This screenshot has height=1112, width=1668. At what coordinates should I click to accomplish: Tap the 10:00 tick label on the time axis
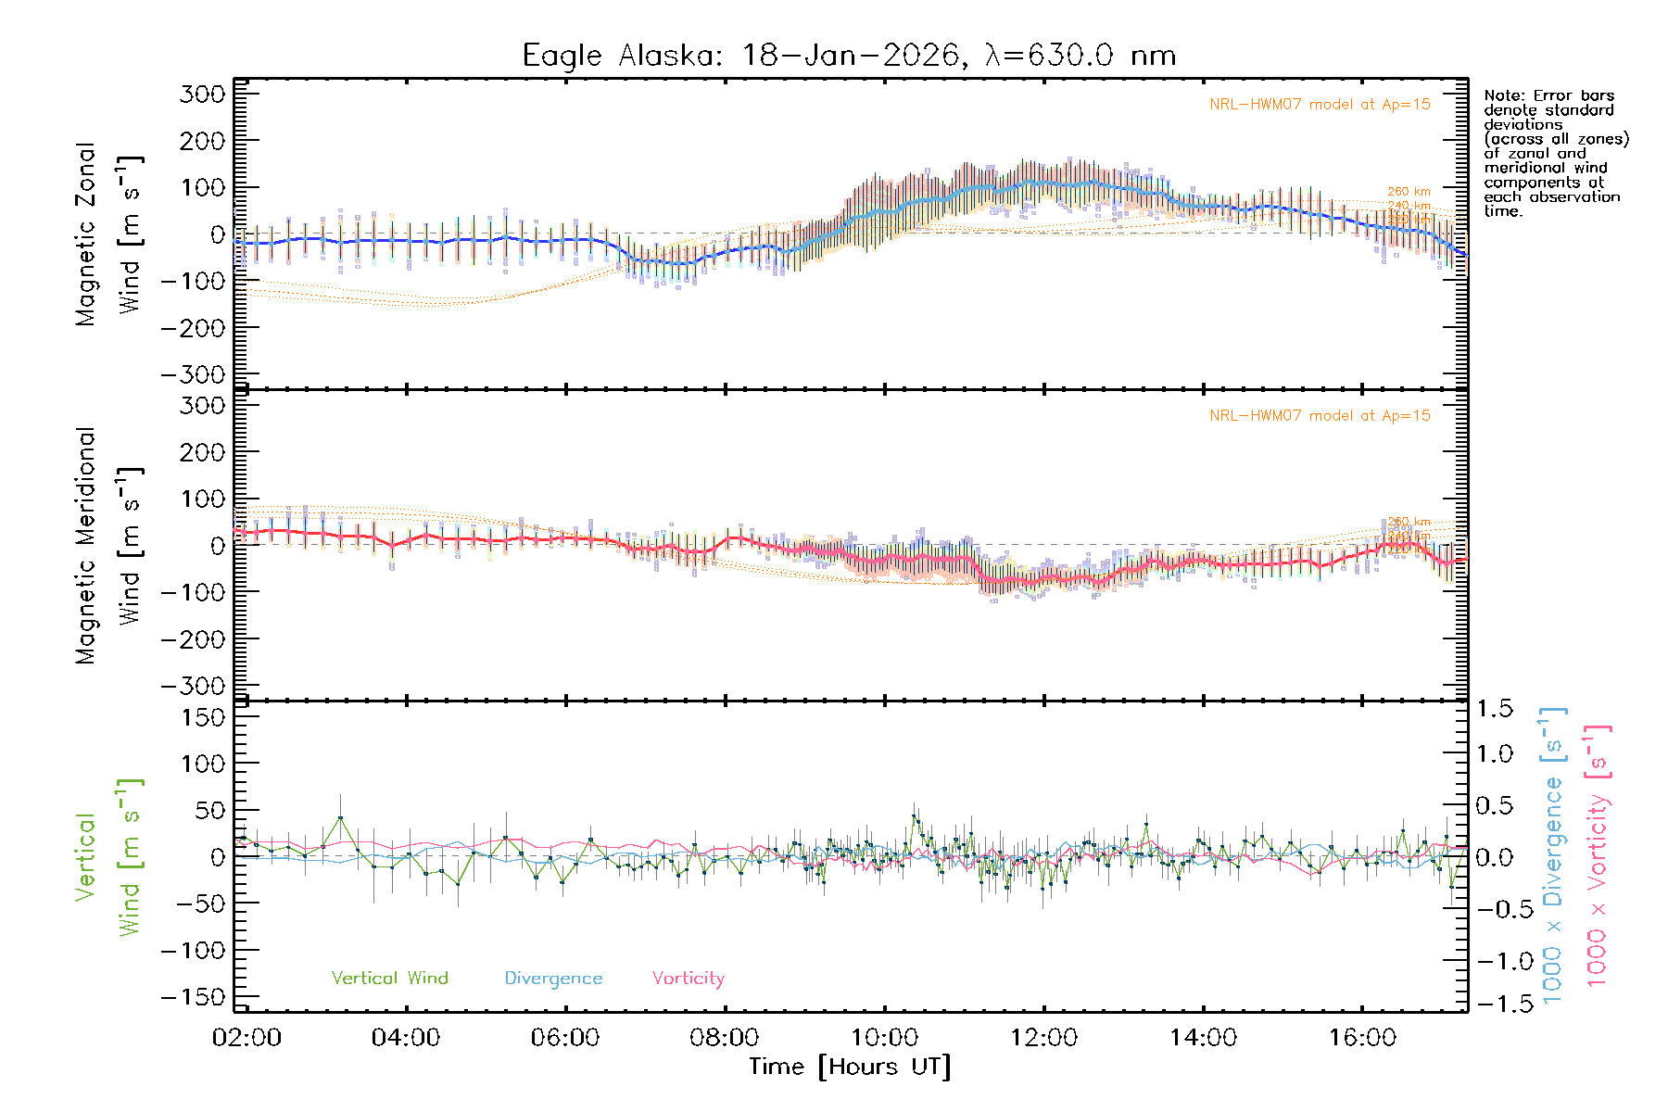[884, 1038]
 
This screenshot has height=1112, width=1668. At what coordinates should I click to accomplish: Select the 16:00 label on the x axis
[1362, 1038]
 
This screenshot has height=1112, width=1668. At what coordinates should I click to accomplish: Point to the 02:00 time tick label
[246, 1038]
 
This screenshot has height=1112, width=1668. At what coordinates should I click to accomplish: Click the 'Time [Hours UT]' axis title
[850, 1067]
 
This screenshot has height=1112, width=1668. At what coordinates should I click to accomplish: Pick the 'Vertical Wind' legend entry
[389, 978]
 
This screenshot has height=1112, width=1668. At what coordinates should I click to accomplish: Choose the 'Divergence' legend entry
[553, 978]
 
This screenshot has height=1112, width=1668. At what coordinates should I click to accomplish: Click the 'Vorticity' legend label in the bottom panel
[688, 978]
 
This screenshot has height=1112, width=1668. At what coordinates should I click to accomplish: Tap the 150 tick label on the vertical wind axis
[203, 717]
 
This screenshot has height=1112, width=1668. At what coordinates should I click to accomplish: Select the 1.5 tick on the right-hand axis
[1494, 709]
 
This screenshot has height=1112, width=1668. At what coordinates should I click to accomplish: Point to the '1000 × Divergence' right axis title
[1553, 855]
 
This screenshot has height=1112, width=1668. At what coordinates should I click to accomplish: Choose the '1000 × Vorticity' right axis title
[1598, 855]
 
